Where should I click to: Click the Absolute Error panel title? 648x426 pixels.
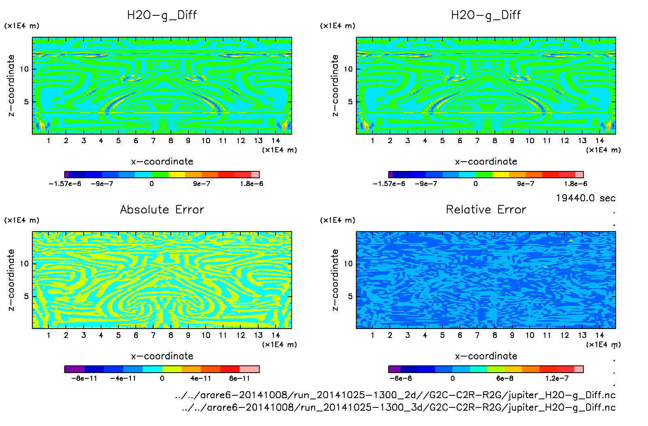pyautogui.click(x=162, y=209)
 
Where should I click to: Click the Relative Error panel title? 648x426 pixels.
pyautogui.click(x=486, y=209)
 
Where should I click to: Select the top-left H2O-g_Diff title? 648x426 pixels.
pyautogui.click(x=162, y=15)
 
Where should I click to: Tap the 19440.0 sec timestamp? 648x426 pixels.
pyautogui.click(x=585, y=198)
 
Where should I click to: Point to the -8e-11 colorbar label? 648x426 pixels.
pyautogui.click(x=84, y=378)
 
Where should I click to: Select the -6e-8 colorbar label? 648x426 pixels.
pyautogui.click(x=400, y=378)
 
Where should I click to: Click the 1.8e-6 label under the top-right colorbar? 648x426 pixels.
pyautogui.click(x=575, y=183)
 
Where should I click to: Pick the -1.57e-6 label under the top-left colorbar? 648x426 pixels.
pyautogui.click(x=65, y=183)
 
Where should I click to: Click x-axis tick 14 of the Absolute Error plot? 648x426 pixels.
pyautogui.click(x=276, y=335)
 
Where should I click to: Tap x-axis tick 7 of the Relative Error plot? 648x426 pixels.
pyautogui.click(x=477, y=335)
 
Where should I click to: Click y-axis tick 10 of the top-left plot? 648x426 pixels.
pyautogui.click(x=25, y=69)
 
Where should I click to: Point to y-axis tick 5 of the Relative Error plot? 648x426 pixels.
pyautogui.click(x=350, y=296)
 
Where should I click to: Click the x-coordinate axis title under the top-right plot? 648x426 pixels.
pyautogui.click(x=486, y=162)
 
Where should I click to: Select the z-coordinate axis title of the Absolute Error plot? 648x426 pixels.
pyautogui.click(x=11, y=280)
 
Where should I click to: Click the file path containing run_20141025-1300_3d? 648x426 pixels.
pyautogui.click(x=398, y=407)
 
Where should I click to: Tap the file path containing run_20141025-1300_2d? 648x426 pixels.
pyautogui.click(x=395, y=395)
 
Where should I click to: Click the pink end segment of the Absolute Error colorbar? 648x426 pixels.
pyautogui.click(x=249, y=369)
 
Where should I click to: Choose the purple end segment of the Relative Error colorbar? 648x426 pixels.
pyautogui.click(x=394, y=369)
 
